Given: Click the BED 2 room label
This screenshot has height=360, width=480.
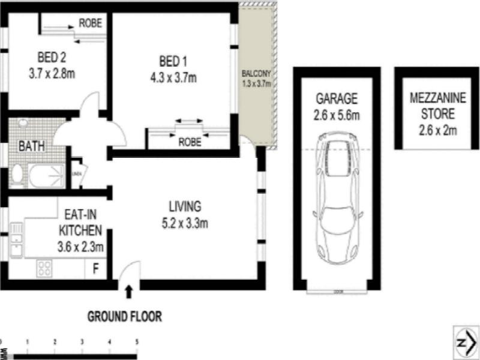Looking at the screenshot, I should (51, 58).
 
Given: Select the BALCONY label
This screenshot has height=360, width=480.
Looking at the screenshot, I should (256, 74).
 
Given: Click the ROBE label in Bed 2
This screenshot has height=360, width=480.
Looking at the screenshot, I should (90, 24).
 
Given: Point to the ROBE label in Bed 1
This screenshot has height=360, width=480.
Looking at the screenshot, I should (190, 143).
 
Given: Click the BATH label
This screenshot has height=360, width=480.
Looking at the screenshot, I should (29, 146).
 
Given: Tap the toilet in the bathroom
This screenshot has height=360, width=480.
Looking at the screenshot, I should (17, 174).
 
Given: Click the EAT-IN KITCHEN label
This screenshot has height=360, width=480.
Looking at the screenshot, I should (80, 223).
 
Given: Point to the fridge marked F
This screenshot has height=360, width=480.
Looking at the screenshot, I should (95, 268).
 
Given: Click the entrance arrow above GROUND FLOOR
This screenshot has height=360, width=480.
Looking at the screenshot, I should (127, 292).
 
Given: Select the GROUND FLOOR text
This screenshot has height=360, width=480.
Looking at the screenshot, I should (124, 316).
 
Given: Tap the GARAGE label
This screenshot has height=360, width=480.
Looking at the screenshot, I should (337, 98).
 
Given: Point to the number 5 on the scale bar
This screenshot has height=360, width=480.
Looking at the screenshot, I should (137, 341).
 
